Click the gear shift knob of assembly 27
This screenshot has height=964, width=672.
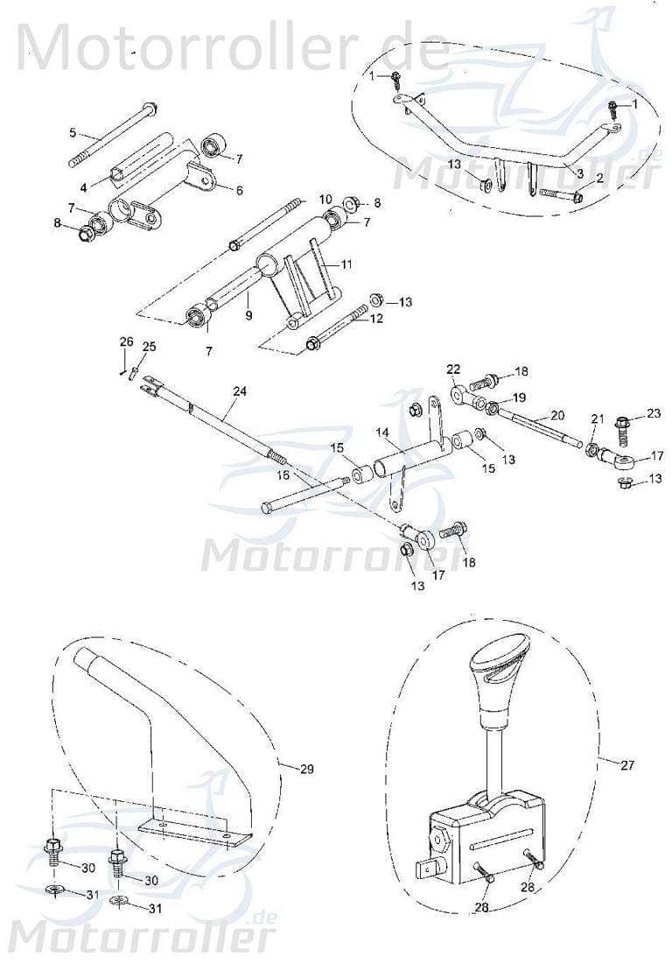pos(495,678)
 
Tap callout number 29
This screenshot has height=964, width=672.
pos(306,769)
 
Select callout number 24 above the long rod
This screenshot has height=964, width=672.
pos(240,391)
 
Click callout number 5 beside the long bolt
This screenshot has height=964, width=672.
pos(73,133)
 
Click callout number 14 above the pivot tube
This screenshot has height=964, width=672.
pos(382,433)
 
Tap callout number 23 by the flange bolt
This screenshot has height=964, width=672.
pos(654,413)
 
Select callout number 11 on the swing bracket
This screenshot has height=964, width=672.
pos(346,263)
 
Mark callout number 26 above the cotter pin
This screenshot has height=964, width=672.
pos(126,341)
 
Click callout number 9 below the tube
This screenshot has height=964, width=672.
pos(248,314)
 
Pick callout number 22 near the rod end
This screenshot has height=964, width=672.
pos(452,369)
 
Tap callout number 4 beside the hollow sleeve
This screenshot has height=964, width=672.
pos(83,187)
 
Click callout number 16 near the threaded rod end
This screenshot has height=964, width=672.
pos(283,475)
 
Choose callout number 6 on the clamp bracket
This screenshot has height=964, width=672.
pos(238,188)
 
